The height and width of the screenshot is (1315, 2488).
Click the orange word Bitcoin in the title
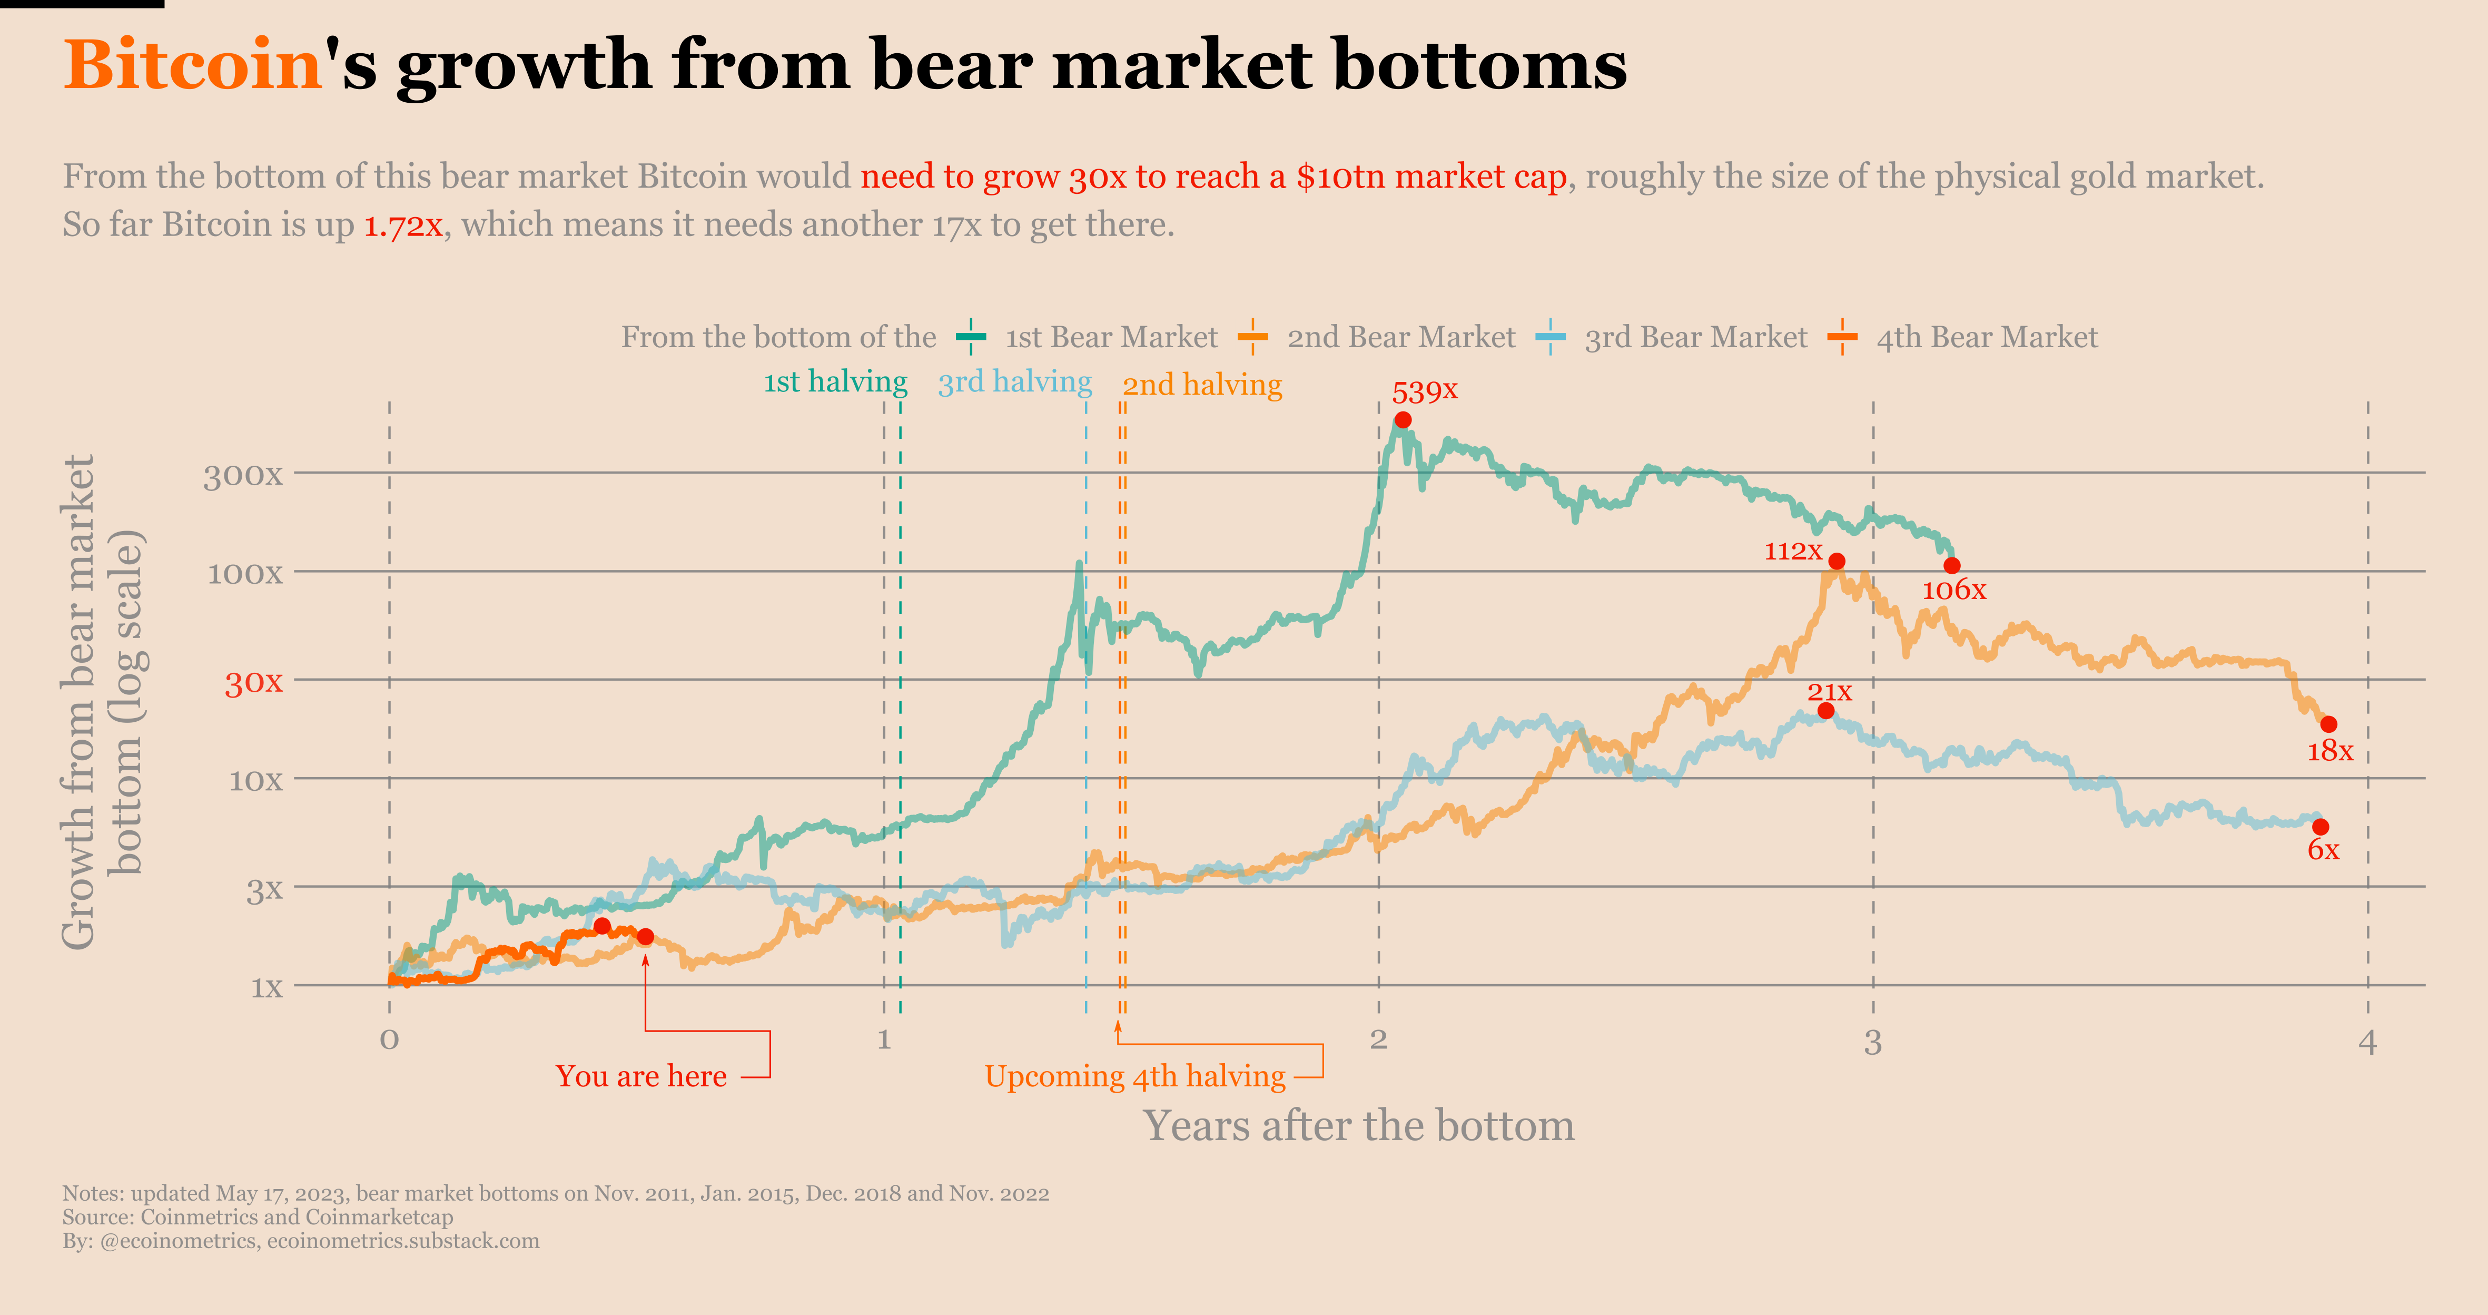(x=192, y=66)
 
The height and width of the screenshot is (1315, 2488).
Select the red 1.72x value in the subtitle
(x=403, y=225)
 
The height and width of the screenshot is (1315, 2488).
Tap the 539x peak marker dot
(x=1403, y=419)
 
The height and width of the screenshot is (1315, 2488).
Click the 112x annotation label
(x=1793, y=551)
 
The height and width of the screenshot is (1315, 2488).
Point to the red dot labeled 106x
(x=1952, y=565)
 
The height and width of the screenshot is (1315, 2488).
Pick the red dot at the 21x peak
(x=1825, y=711)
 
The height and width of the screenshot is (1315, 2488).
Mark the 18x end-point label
(x=2329, y=751)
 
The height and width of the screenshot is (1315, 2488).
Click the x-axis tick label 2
(x=1378, y=1041)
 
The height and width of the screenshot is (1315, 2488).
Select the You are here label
(x=641, y=1076)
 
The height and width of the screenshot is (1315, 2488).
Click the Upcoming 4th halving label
(x=1135, y=1076)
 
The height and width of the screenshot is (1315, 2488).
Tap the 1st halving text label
(x=835, y=382)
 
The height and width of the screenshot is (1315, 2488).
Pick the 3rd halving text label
(x=1014, y=382)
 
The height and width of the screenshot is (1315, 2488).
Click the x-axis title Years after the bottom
(x=1359, y=1126)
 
